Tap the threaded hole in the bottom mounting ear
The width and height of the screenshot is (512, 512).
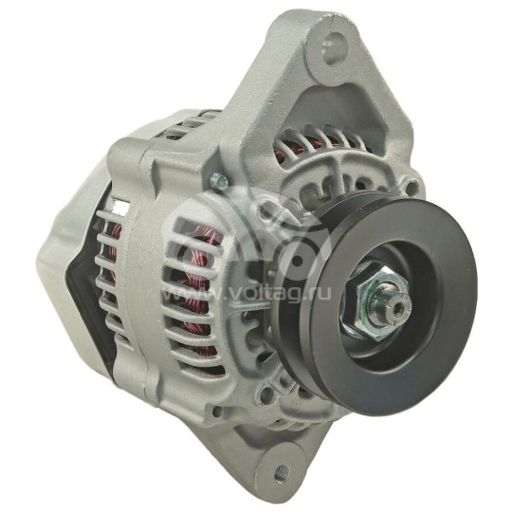tap(282, 471)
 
